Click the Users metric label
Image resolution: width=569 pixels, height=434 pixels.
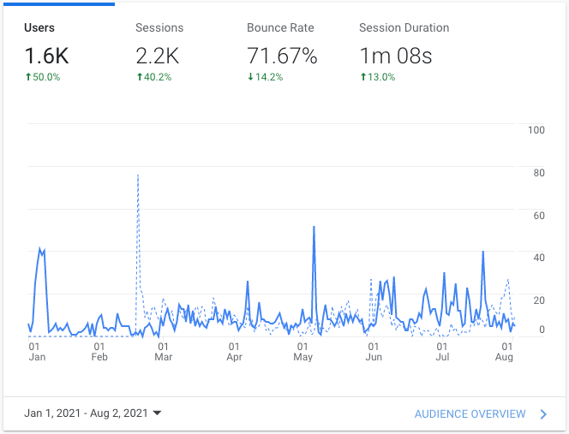tap(39, 28)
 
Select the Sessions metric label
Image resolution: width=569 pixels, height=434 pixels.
tap(159, 28)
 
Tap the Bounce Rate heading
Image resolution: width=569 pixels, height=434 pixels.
tap(280, 28)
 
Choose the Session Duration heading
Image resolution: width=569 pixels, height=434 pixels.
tap(404, 28)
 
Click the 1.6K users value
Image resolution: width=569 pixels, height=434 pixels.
tap(46, 56)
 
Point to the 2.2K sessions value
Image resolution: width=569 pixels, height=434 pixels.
tap(158, 56)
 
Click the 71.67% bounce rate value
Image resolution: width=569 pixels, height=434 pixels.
tap(282, 56)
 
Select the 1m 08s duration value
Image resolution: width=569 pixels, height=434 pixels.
tap(396, 56)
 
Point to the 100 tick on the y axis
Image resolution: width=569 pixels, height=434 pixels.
tap(537, 131)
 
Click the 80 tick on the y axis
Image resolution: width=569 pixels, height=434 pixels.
tap(539, 173)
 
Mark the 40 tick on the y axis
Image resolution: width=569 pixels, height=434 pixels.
tap(539, 258)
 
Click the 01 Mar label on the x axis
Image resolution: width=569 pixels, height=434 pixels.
tap(163, 352)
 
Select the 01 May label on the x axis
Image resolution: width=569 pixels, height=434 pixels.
tap(302, 352)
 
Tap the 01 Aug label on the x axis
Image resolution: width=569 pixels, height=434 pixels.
tap(504, 352)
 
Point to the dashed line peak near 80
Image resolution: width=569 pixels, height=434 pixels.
tap(138, 176)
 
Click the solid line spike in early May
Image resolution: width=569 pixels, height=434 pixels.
tap(314, 228)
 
